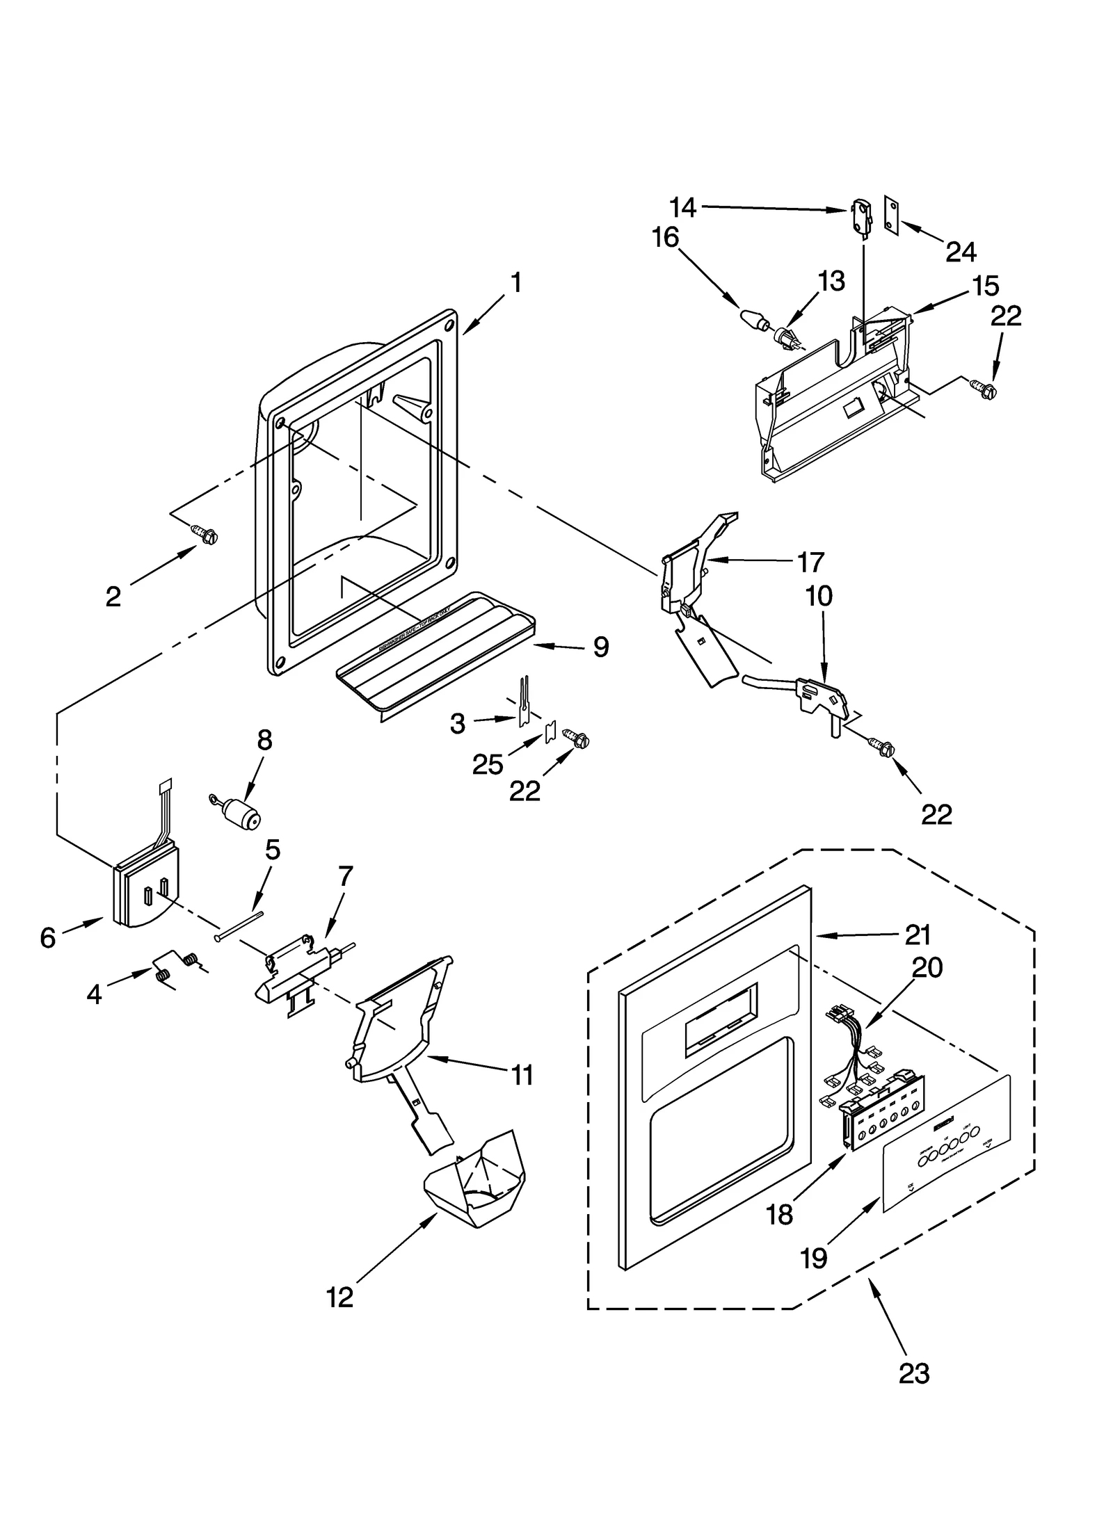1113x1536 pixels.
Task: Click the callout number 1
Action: (515, 283)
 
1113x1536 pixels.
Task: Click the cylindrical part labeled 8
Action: (240, 813)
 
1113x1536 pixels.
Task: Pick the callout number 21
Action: (917, 935)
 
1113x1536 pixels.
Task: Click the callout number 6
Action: (47, 938)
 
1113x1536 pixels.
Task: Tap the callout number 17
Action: (810, 562)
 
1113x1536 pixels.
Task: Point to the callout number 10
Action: (819, 596)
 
